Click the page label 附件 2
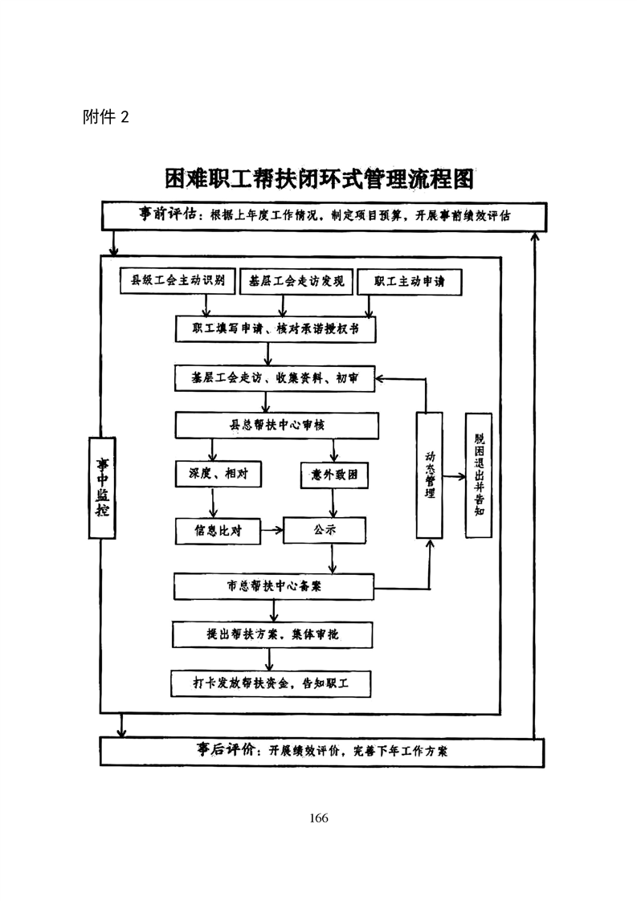point(105,117)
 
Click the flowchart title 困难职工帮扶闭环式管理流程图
point(319,178)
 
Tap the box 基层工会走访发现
point(296,282)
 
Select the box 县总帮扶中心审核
point(276,425)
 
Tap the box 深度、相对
point(213,474)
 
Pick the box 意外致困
point(334,475)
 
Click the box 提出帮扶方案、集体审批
point(272,634)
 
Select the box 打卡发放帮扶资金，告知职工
point(272,683)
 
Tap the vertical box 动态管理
point(429,475)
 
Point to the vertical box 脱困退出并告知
point(479,475)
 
